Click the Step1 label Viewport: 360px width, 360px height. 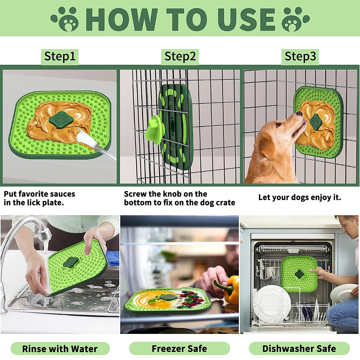pos(60,56)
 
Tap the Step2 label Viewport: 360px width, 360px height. pos(180,56)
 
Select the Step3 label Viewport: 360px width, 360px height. pos(300,56)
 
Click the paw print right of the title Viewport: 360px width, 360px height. pos(295,19)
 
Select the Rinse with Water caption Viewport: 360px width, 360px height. pos(60,349)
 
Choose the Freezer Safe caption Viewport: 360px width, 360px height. pos(179,349)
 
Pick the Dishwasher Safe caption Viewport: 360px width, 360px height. pos(299,349)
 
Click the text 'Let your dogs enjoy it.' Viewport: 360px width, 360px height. pos(299,197)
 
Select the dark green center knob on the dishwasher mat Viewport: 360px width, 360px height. pos(299,273)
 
